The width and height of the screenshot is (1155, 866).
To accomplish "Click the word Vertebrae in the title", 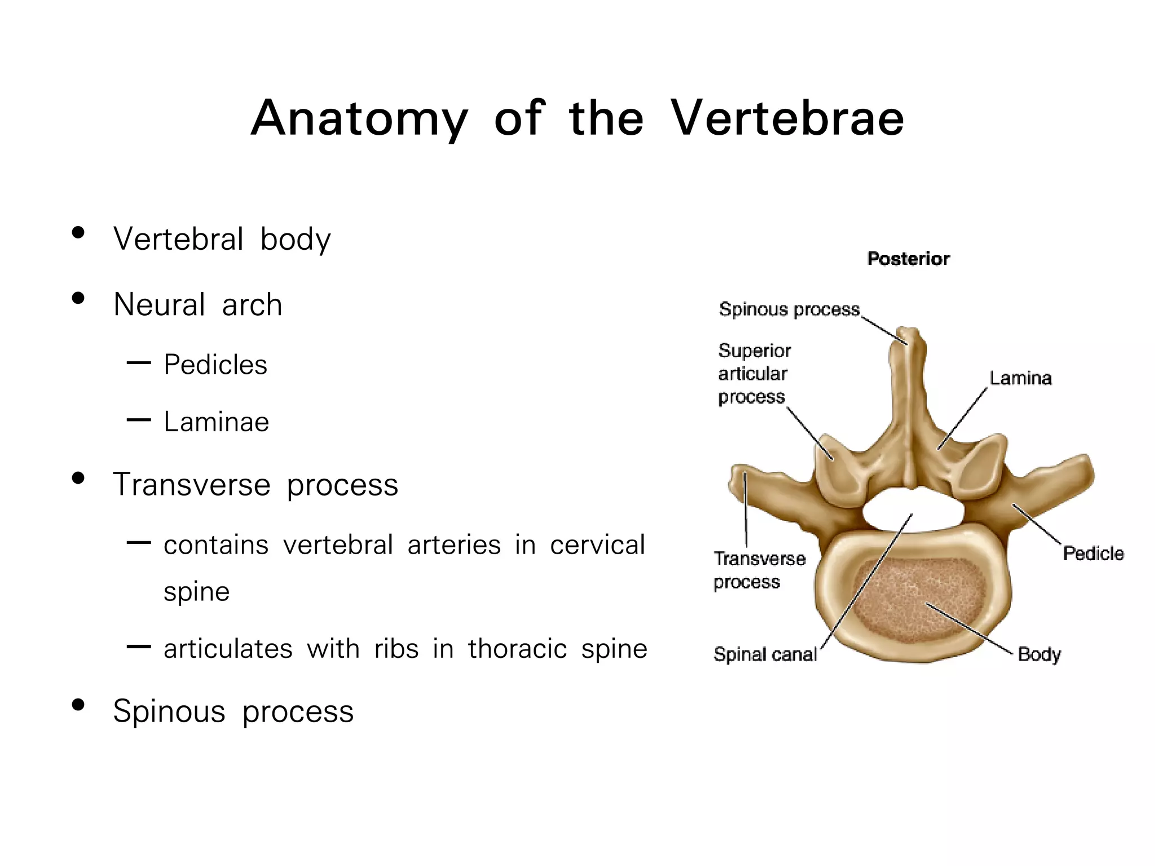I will (x=787, y=118).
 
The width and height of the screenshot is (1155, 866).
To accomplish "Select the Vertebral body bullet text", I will (x=222, y=239).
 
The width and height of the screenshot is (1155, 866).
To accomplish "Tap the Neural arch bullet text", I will (x=197, y=305).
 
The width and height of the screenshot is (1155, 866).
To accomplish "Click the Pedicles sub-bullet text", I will (x=215, y=365).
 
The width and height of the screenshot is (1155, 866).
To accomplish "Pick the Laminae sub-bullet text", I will (x=217, y=422).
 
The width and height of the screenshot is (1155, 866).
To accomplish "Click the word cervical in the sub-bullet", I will (x=597, y=545).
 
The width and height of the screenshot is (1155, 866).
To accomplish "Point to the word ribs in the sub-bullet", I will (x=396, y=649).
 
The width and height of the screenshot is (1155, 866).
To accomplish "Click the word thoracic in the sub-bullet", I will (x=517, y=649).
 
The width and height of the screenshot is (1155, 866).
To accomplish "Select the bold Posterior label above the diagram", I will (x=909, y=259).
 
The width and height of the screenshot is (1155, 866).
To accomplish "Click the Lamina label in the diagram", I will (x=1021, y=378).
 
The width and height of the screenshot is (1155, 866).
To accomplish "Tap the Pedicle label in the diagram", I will (x=1093, y=554).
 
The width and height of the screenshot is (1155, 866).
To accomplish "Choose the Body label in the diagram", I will (x=1039, y=655).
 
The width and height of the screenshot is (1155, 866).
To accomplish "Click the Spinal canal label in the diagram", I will (x=765, y=655).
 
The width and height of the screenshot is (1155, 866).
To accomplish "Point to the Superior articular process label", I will (x=755, y=374).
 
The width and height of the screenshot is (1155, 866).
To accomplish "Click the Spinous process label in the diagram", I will (x=789, y=310).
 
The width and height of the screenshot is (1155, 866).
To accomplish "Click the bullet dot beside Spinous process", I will (x=78, y=705).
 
